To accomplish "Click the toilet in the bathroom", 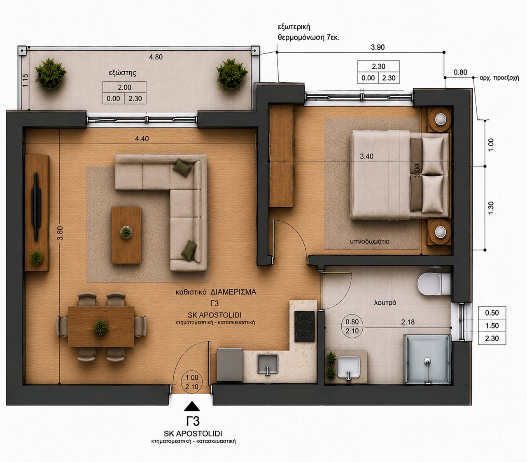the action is pyautogui.click(x=434, y=284).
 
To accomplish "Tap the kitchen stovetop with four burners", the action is pyautogui.click(x=304, y=326).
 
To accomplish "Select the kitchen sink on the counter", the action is pyautogui.click(x=267, y=364).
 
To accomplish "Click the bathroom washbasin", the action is pyautogui.click(x=349, y=367).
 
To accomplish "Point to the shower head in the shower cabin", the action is pyautogui.click(x=427, y=361).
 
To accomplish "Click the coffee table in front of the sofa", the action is pyautogui.click(x=126, y=235).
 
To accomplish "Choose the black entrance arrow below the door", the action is pyautogui.click(x=192, y=406).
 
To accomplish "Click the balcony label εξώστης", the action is pyautogui.click(x=122, y=73).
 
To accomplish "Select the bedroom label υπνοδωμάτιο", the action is pyautogui.click(x=369, y=241).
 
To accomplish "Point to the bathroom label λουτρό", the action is pyautogui.click(x=385, y=303).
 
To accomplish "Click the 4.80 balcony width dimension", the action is pyautogui.click(x=156, y=57).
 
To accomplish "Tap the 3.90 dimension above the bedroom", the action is pyautogui.click(x=378, y=47).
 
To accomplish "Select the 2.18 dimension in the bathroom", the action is pyautogui.click(x=408, y=322).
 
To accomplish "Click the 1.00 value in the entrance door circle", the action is pyautogui.click(x=192, y=377).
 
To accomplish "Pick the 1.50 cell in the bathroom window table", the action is pyautogui.click(x=492, y=325).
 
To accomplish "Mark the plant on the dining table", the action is pyautogui.click(x=101, y=327).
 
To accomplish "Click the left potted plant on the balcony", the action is pyautogui.click(x=51, y=74).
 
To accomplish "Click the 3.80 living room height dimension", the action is pyautogui.click(x=60, y=233).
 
